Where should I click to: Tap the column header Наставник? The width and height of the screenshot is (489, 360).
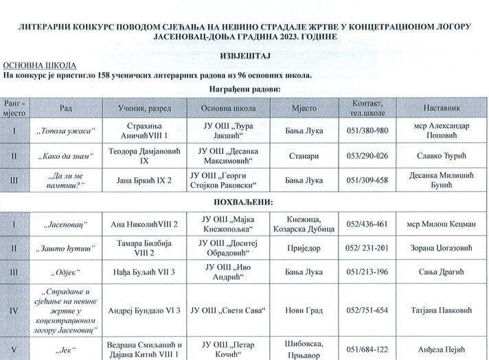point(444,108)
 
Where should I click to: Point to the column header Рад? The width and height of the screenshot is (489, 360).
point(66,108)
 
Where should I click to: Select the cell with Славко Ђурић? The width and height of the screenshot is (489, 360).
point(444,156)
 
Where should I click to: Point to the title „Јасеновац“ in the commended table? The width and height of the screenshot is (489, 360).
point(66,224)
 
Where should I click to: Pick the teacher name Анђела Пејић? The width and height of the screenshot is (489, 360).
point(444,349)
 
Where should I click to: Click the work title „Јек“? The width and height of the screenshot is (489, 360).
point(66,349)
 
